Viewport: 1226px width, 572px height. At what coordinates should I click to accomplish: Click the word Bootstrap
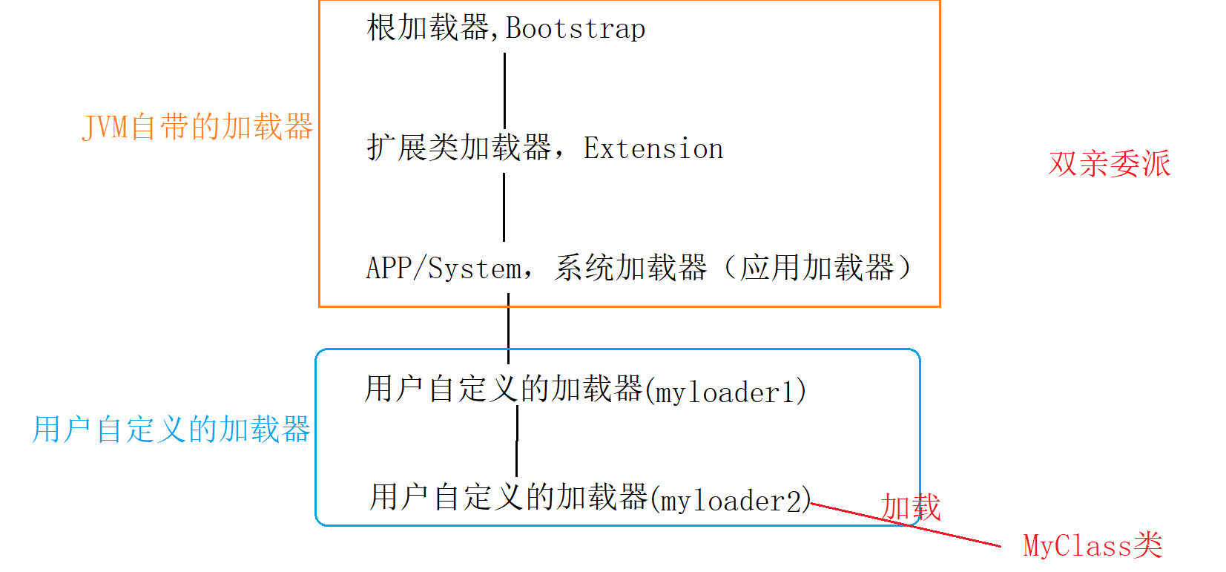(576, 29)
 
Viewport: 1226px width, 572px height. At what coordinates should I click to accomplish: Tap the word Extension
(653, 148)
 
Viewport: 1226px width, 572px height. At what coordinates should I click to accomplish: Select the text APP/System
(444, 269)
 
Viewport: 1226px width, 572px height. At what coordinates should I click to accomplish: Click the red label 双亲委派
(1109, 164)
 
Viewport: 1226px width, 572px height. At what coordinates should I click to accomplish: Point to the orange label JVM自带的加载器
(197, 128)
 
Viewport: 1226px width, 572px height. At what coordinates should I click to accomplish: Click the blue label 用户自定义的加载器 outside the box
(171, 430)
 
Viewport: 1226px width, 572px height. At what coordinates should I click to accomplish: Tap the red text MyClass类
(1092, 546)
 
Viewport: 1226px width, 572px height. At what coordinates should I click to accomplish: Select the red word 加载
(910, 508)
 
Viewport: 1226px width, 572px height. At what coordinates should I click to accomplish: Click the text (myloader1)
(726, 392)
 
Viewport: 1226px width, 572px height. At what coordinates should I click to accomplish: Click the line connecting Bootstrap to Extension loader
(504, 89)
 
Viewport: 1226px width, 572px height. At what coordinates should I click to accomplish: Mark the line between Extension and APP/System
(504, 208)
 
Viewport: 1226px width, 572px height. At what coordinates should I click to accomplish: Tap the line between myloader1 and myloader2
(517, 441)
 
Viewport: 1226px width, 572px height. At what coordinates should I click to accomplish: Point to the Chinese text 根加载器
(427, 29)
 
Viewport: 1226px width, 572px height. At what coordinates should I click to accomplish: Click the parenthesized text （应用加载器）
(817, 268)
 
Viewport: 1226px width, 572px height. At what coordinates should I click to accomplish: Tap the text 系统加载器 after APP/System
(630, 268)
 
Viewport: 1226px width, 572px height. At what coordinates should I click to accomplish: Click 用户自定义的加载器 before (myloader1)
(504, 389)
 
